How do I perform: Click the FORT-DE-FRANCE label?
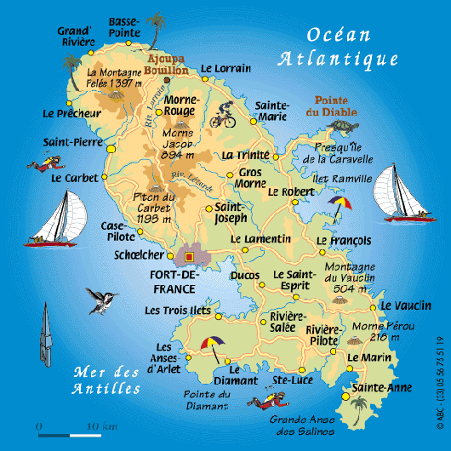173,282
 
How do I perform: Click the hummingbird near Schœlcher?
101,299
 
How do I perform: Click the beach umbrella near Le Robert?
341,206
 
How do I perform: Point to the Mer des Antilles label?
107,380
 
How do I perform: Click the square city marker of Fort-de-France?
190,255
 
